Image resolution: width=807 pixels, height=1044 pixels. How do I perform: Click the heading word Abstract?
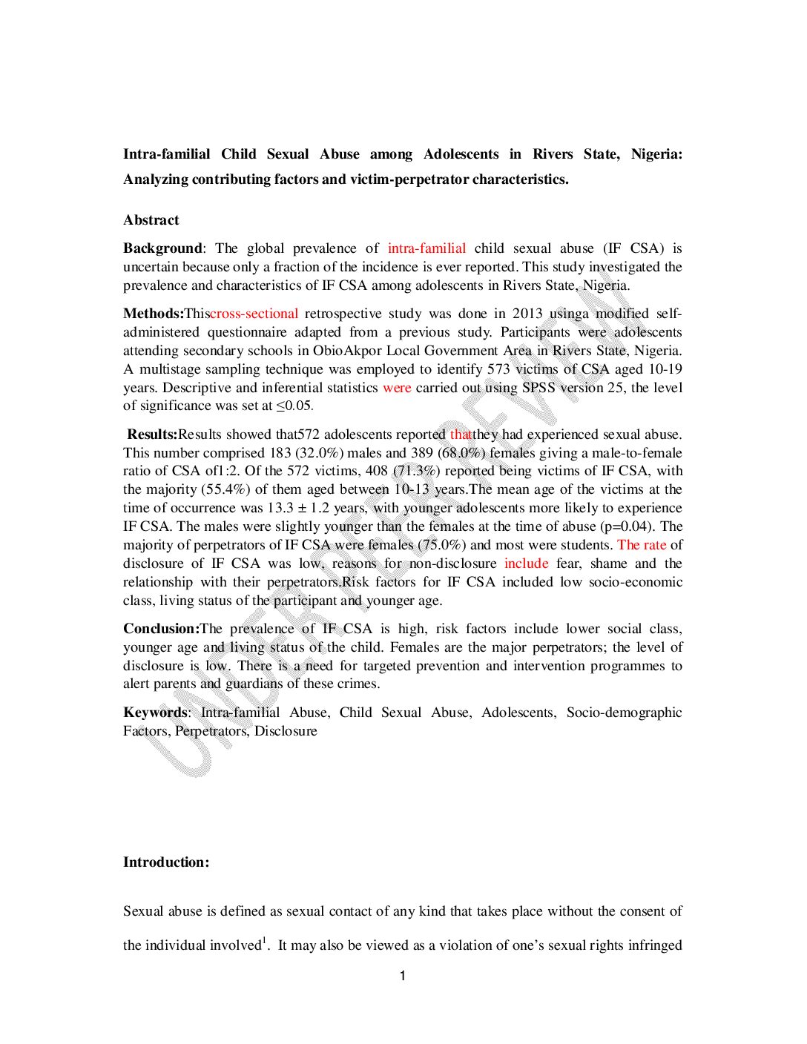click(x=151, y=220)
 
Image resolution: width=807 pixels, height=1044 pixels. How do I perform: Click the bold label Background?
click(x=162, y=248)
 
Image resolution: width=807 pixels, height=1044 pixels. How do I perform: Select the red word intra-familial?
click(x=426, y=248)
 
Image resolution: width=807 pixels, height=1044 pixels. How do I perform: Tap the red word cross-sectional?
click(x=254, y=314)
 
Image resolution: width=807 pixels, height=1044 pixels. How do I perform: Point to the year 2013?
click(x=527, y=314)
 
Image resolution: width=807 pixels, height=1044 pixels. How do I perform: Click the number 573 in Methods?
click(x=499, y=369)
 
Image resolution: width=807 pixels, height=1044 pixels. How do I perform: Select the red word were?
click(x=397, y=388)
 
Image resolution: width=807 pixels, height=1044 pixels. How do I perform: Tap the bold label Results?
click(x=152, y=435)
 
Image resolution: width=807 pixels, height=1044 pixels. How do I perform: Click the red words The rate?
click(x=642, y=545)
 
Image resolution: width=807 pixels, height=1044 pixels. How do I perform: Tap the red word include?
click(x=526, y=564)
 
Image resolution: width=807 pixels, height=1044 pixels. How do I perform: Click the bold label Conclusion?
click(x=161, y=629)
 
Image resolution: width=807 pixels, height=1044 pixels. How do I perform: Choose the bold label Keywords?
click(x=156, y=713)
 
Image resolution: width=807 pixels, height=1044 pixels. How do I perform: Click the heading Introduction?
click(x=166, y=862)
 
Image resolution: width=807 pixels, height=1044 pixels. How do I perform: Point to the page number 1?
click(x=403, y=976)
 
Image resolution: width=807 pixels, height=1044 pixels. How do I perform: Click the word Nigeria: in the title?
click(x=656, y=154)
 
